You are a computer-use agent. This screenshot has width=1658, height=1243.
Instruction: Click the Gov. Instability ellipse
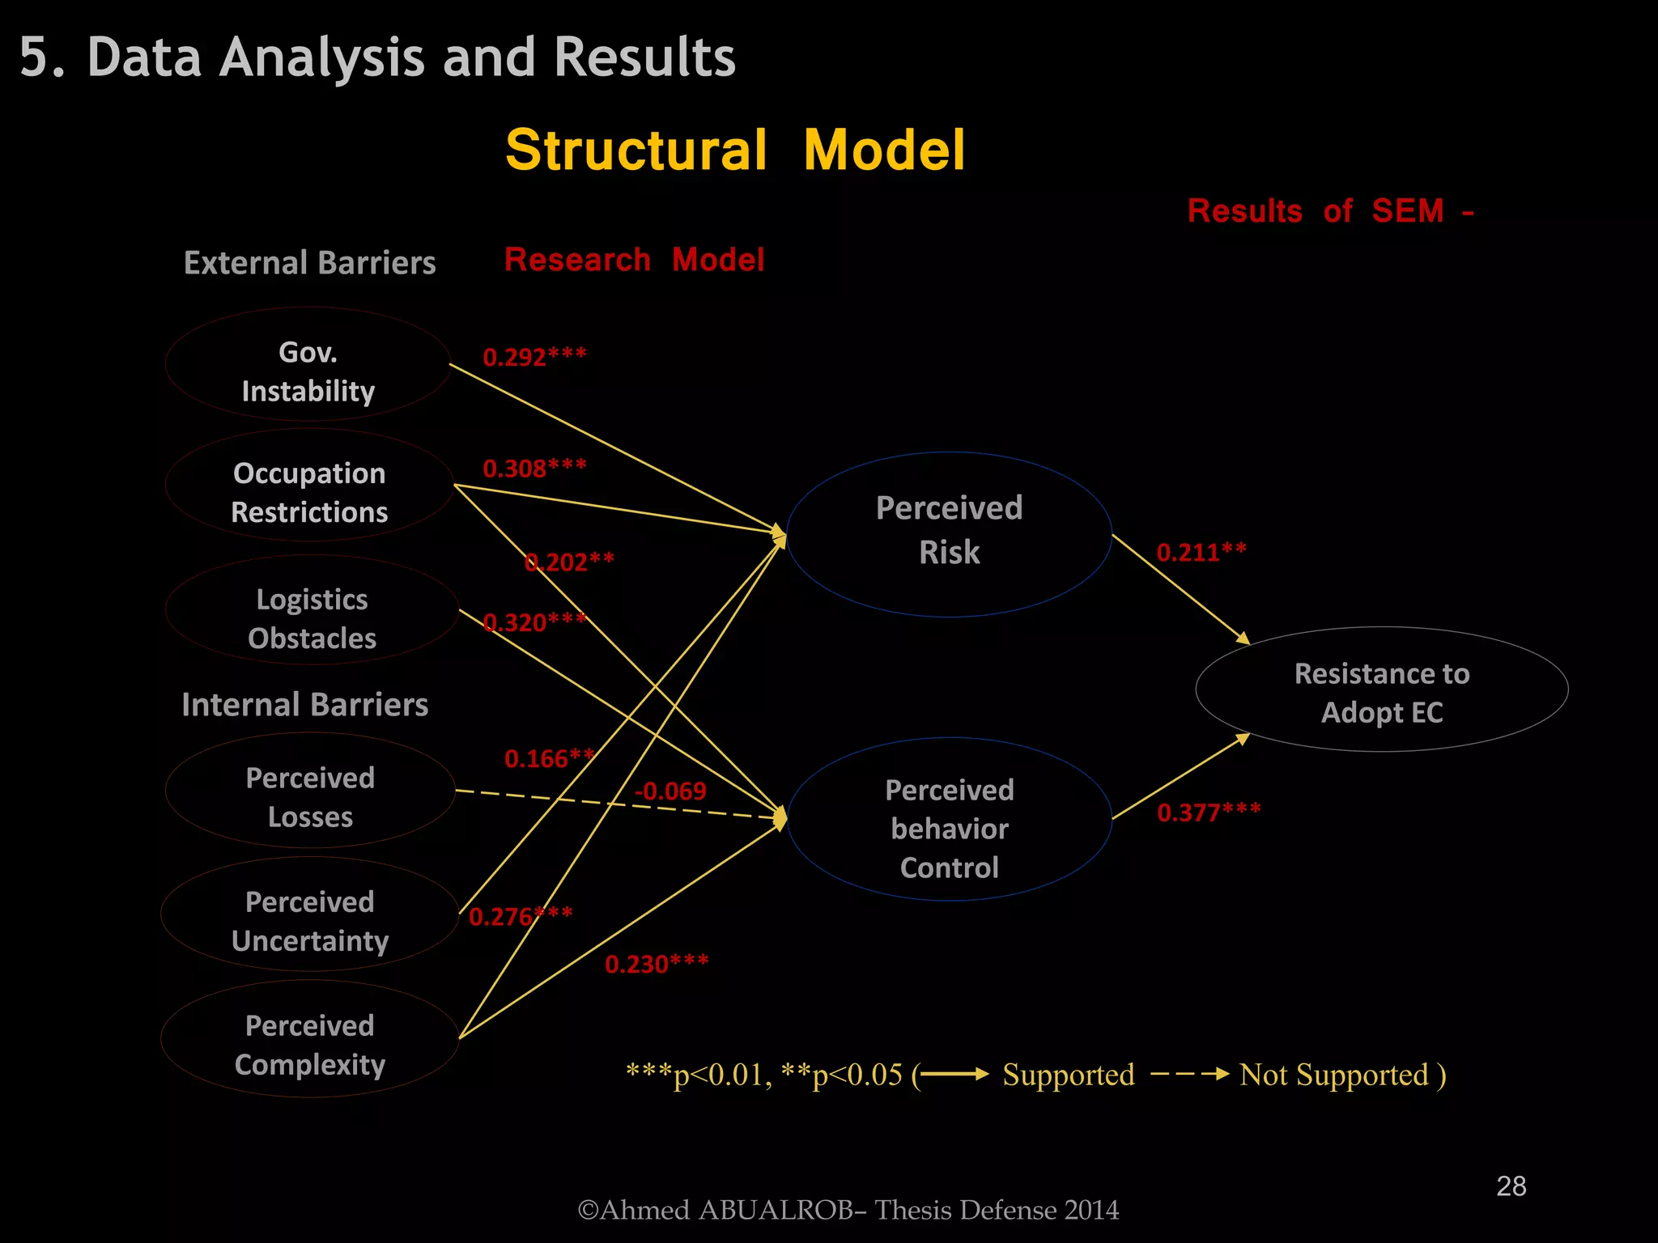coord(308,364)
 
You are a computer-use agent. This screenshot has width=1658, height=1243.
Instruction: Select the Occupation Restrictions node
coord(309,486)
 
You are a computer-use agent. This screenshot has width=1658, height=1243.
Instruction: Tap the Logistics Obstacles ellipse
coord(312,610)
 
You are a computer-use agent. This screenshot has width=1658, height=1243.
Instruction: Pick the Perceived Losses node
coord(310,790)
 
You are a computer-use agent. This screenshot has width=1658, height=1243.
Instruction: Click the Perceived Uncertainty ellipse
coord(310,914)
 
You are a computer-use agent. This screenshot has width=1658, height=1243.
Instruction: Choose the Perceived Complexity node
coord(310,1039)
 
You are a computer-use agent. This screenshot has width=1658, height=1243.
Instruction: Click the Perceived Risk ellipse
coord(949,534)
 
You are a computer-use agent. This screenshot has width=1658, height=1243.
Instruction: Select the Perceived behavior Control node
coord(949,819)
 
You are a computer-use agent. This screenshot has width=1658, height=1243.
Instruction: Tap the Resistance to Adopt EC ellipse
coord(1381,689)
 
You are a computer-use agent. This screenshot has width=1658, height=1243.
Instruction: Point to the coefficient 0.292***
coord(534,357)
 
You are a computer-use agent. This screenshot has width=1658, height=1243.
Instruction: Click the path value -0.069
coord(670,791)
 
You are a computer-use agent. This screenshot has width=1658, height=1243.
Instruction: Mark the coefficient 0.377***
coord(1209,812)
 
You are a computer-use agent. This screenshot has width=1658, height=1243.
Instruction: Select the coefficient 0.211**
coord(1201,552)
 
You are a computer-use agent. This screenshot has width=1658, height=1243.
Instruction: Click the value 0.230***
coord(657,964)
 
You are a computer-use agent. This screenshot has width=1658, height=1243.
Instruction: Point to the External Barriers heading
coord(309,263)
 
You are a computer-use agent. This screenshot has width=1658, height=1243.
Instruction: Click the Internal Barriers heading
coord(304,705)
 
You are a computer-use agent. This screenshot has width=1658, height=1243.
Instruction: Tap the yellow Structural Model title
coord(735,151)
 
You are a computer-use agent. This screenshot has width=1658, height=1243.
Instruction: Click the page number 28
coord(1511,1186)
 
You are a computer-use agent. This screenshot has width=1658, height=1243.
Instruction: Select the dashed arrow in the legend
coord(1189,1075)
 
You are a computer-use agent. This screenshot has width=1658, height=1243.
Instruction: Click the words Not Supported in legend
coord(1333,1075)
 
